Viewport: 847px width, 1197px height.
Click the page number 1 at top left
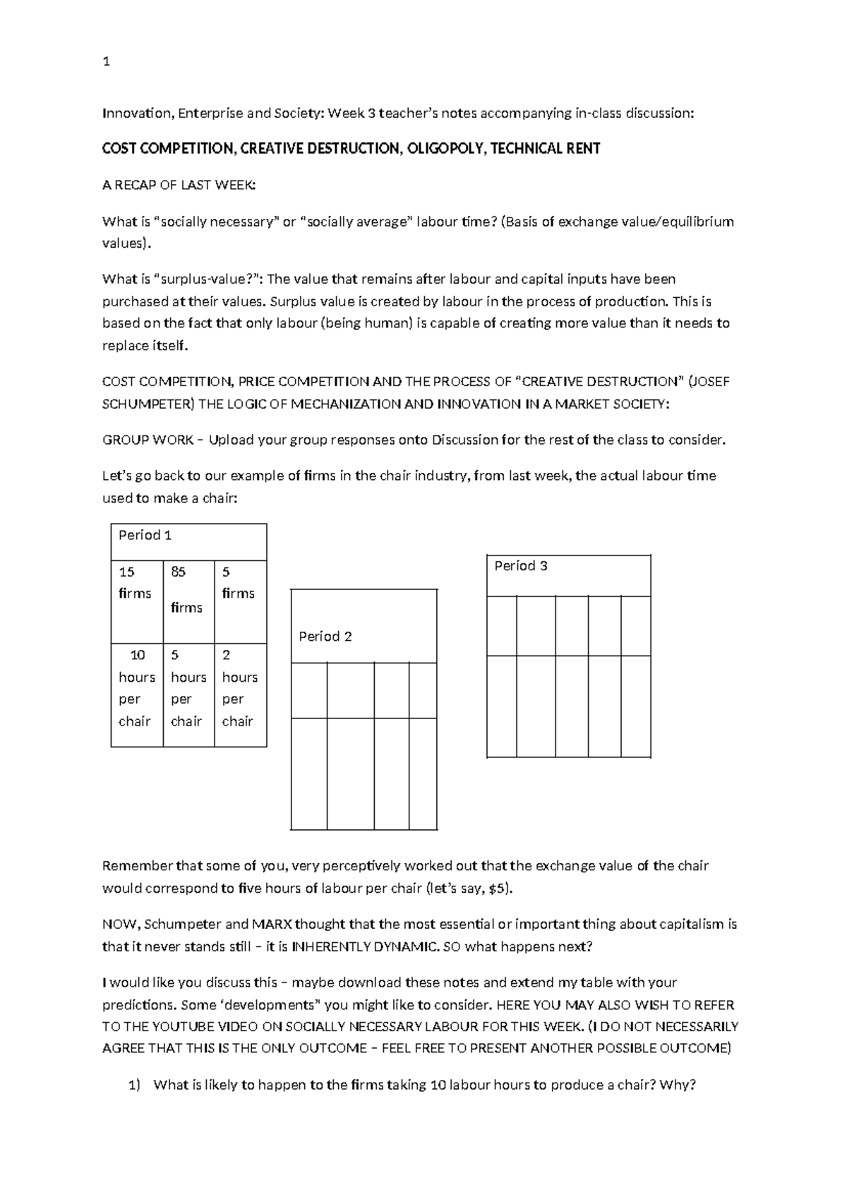tap(106, 62)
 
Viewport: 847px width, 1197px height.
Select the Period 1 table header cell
tap(188, 542)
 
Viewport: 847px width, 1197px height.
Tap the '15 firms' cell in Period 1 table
tap(136, 601)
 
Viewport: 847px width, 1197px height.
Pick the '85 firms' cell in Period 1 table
tap(188, 601)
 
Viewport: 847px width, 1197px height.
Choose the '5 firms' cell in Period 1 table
tap(240, 601)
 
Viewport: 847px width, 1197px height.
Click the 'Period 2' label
tap(325, 637)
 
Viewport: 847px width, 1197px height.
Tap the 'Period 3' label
tap(520, 566)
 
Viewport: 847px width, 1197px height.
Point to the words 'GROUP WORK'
tap(148, 440)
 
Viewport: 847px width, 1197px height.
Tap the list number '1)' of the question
tap(135, 1085)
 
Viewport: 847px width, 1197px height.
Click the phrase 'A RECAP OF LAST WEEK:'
tap(179, 186)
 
